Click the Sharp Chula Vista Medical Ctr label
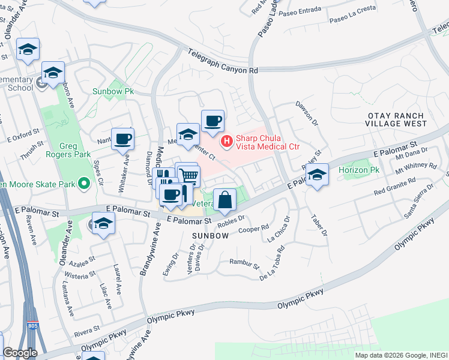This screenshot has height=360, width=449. click(267, 142)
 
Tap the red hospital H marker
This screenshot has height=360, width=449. click(227, 142)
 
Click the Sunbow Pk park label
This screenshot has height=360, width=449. click(112, 92)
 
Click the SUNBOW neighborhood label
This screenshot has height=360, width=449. click(210, 236)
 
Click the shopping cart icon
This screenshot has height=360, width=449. click(189, 175)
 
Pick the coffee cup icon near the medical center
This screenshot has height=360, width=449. click(212, 121)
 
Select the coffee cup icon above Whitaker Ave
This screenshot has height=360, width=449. click(122, 139)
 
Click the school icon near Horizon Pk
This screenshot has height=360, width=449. click(318, 175)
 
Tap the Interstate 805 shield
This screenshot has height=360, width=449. click(32, 326)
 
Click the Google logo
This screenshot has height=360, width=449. click(20, 353)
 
